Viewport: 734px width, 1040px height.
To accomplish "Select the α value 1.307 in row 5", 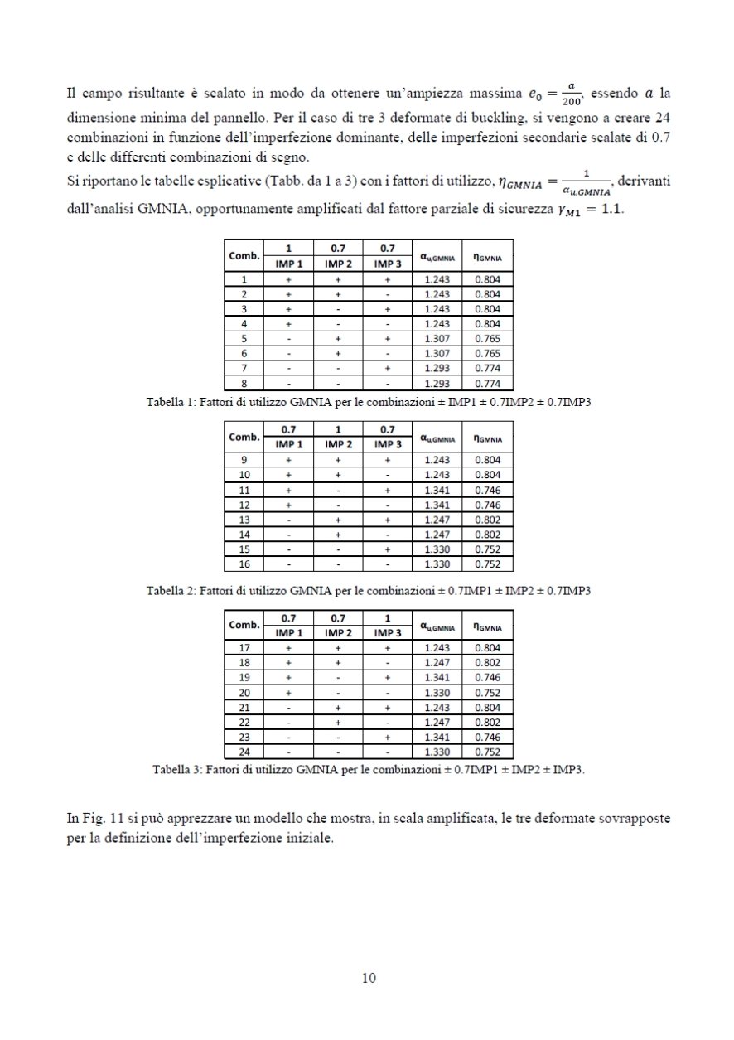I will [x=436, y=338].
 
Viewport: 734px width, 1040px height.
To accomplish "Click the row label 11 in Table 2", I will [x=244, y=490].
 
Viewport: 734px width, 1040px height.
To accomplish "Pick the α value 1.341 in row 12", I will [x=436, y=505].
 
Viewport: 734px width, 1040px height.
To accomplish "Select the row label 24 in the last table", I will [x=244, y=752].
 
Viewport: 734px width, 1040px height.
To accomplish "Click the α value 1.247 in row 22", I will [x=436, y=723].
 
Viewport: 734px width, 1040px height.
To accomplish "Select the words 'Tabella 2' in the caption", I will [x=170, y=591].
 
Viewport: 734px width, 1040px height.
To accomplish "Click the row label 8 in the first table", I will [x=244, y=384].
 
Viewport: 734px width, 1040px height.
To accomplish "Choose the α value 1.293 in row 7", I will [x=436, y=368].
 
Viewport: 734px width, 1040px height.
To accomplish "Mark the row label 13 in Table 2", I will [x=244, y=520].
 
